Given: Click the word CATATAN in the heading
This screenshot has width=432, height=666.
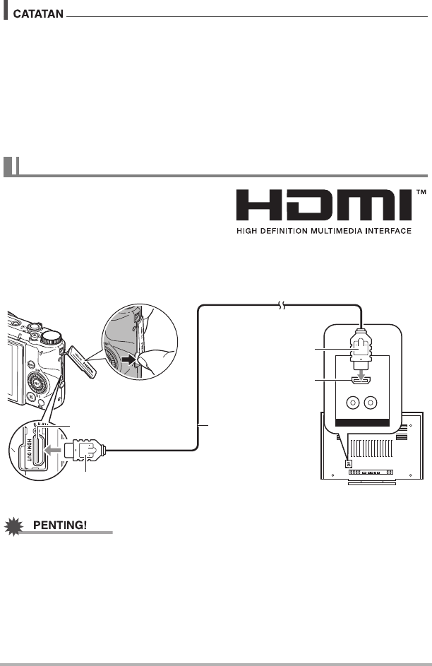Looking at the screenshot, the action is [x=38, y=14].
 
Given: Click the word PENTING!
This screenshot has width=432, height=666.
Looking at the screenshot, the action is [x=60, y=525].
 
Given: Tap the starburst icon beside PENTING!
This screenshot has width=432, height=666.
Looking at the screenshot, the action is [x=14, y=526].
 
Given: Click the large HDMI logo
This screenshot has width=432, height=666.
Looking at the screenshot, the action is [x=324, y=206].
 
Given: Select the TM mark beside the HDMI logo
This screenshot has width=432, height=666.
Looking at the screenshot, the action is [x=421, y=192].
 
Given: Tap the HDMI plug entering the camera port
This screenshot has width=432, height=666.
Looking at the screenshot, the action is [x=85, y=450].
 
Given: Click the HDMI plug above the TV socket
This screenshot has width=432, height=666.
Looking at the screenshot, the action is [x=361, y=350].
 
